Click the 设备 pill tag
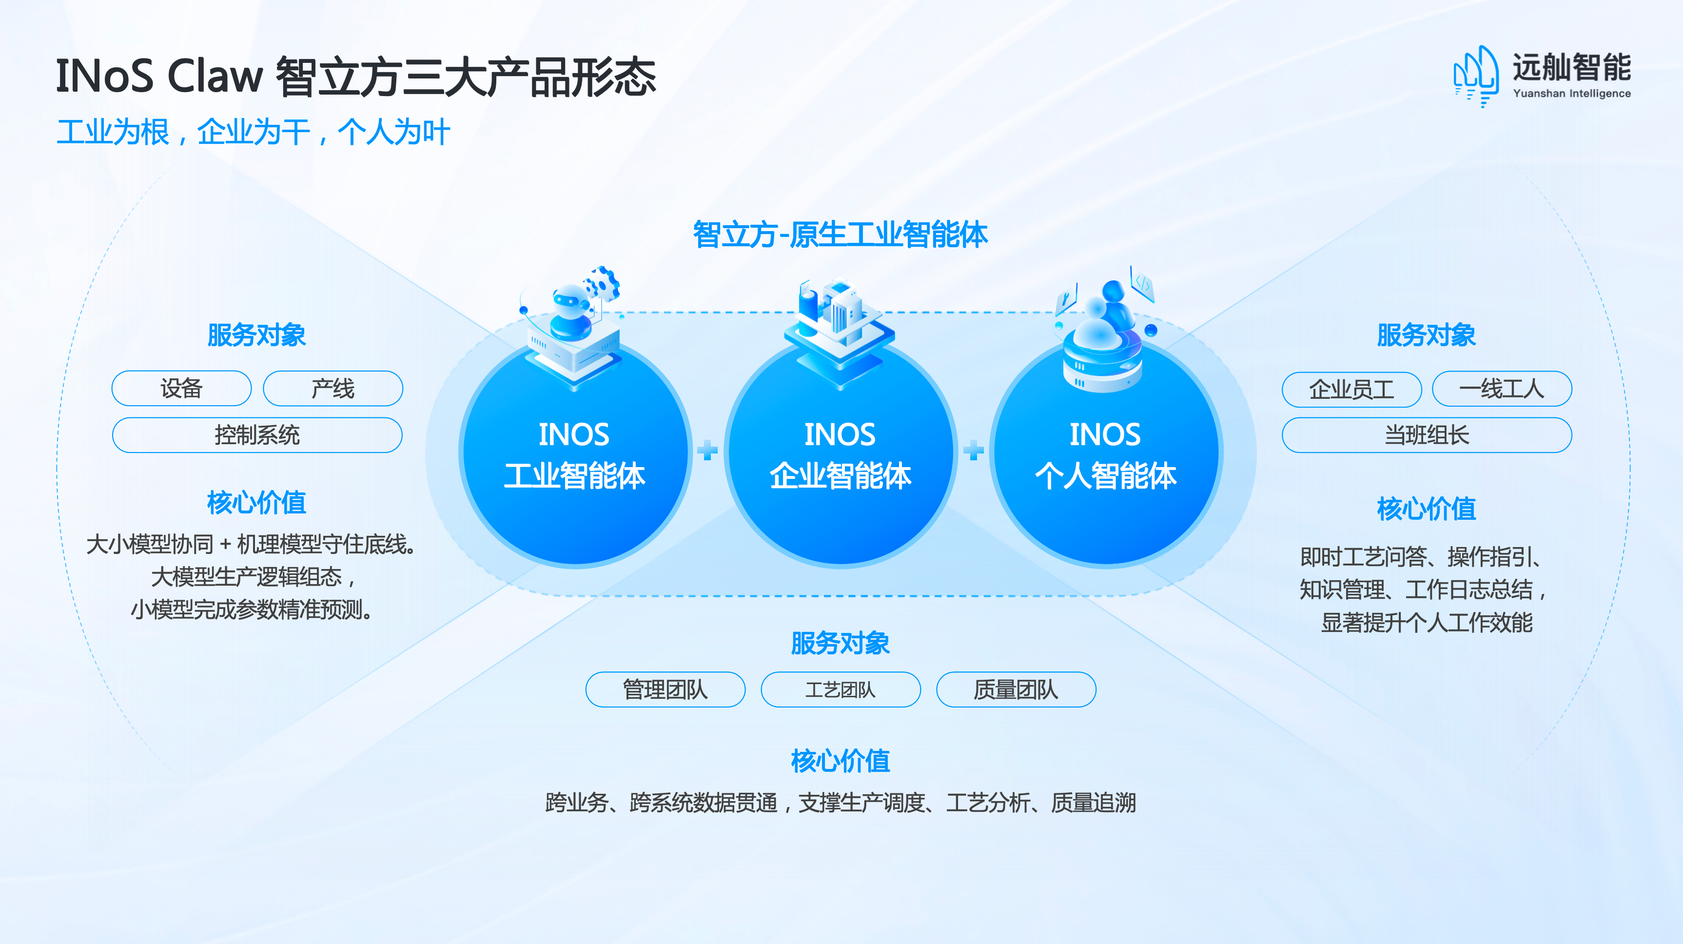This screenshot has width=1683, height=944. pyautogui.click(x=182, y=389)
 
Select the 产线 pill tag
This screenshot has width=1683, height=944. pyautogui.click(x=333, y=389)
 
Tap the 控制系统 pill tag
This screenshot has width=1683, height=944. pyautogui.click(x=257, y=435)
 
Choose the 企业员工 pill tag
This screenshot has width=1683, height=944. pyautogui.click(x=1352, y=390)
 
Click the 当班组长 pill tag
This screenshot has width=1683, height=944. pyautogui.click(x=1427, y=435)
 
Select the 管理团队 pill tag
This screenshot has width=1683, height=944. pyautogui.click(x=665, y=689)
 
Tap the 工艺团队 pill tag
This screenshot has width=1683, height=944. pyautogui.click(x=841, y=689)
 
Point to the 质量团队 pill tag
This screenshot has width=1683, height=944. pyautogui.click(x=1016, y=689)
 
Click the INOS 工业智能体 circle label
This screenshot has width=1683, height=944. pyautogui.click(x=574, y=455)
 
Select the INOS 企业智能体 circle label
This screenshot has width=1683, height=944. pyautogui.click(x=840, y=455)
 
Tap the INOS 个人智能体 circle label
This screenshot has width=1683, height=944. pyautogui.click(x=1105, y=455)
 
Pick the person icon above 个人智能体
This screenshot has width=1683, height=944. pyautogui.click(x=1104, y=333)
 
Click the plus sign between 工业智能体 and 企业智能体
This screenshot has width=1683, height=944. pyautogui.click(x=707, y=450)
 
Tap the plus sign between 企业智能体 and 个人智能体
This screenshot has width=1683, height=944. pyautogui.click(x=974, y=450)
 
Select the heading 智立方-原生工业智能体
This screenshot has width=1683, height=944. pyautogui.click(x=840, y=235)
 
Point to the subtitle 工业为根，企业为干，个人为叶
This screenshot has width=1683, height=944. pyautogui.click(x=254, y=132)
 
